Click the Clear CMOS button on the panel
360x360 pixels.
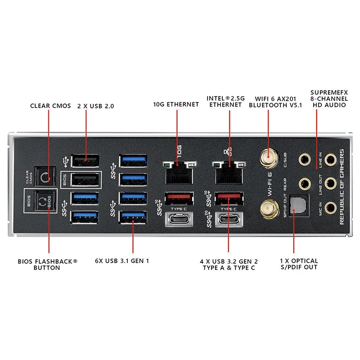pyautogui.click(x=45, y=176)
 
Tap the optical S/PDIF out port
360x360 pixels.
pyautogui.click(x=299, y=205)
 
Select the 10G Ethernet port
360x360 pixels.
pyautogui.click(x=179, y=173)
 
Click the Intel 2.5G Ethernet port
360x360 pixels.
pyautogui.click(x=229, y=173)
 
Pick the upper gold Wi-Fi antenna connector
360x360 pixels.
pyautogui.click(x=269, y=158)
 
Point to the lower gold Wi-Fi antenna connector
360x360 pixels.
pyautogui.click(x=269, y=209)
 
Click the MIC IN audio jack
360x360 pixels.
pyautogui.click(x=330, y=208)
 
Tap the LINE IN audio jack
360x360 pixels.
pyautogui.click(x=330, y=160)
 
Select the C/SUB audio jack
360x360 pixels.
pyautogui.click(x=305, y=160)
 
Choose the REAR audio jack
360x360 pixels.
pyautogui.click(x=305, y=184)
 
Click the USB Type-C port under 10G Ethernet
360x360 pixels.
pyautogui.click(x=179, y=220)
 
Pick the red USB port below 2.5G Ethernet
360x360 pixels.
pyautogui.click(x=229, y=198)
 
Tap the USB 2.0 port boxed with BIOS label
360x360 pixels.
pyautogui.click(x=85, y=180)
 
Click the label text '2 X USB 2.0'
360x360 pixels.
pyautogui.click(x=95, y=106)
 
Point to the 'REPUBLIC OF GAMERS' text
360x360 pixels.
pyautogui.click(x=342, y=187)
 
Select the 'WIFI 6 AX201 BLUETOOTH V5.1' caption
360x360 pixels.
pyautogui.click(x=275, y=102)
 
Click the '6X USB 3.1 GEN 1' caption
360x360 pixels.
pyautogui.click(x=122, y=261)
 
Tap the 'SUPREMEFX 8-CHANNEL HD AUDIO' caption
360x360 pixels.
pyautogui.click(x=329, y=99)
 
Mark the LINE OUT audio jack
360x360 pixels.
pyautogui.click(x=330, y=184)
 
